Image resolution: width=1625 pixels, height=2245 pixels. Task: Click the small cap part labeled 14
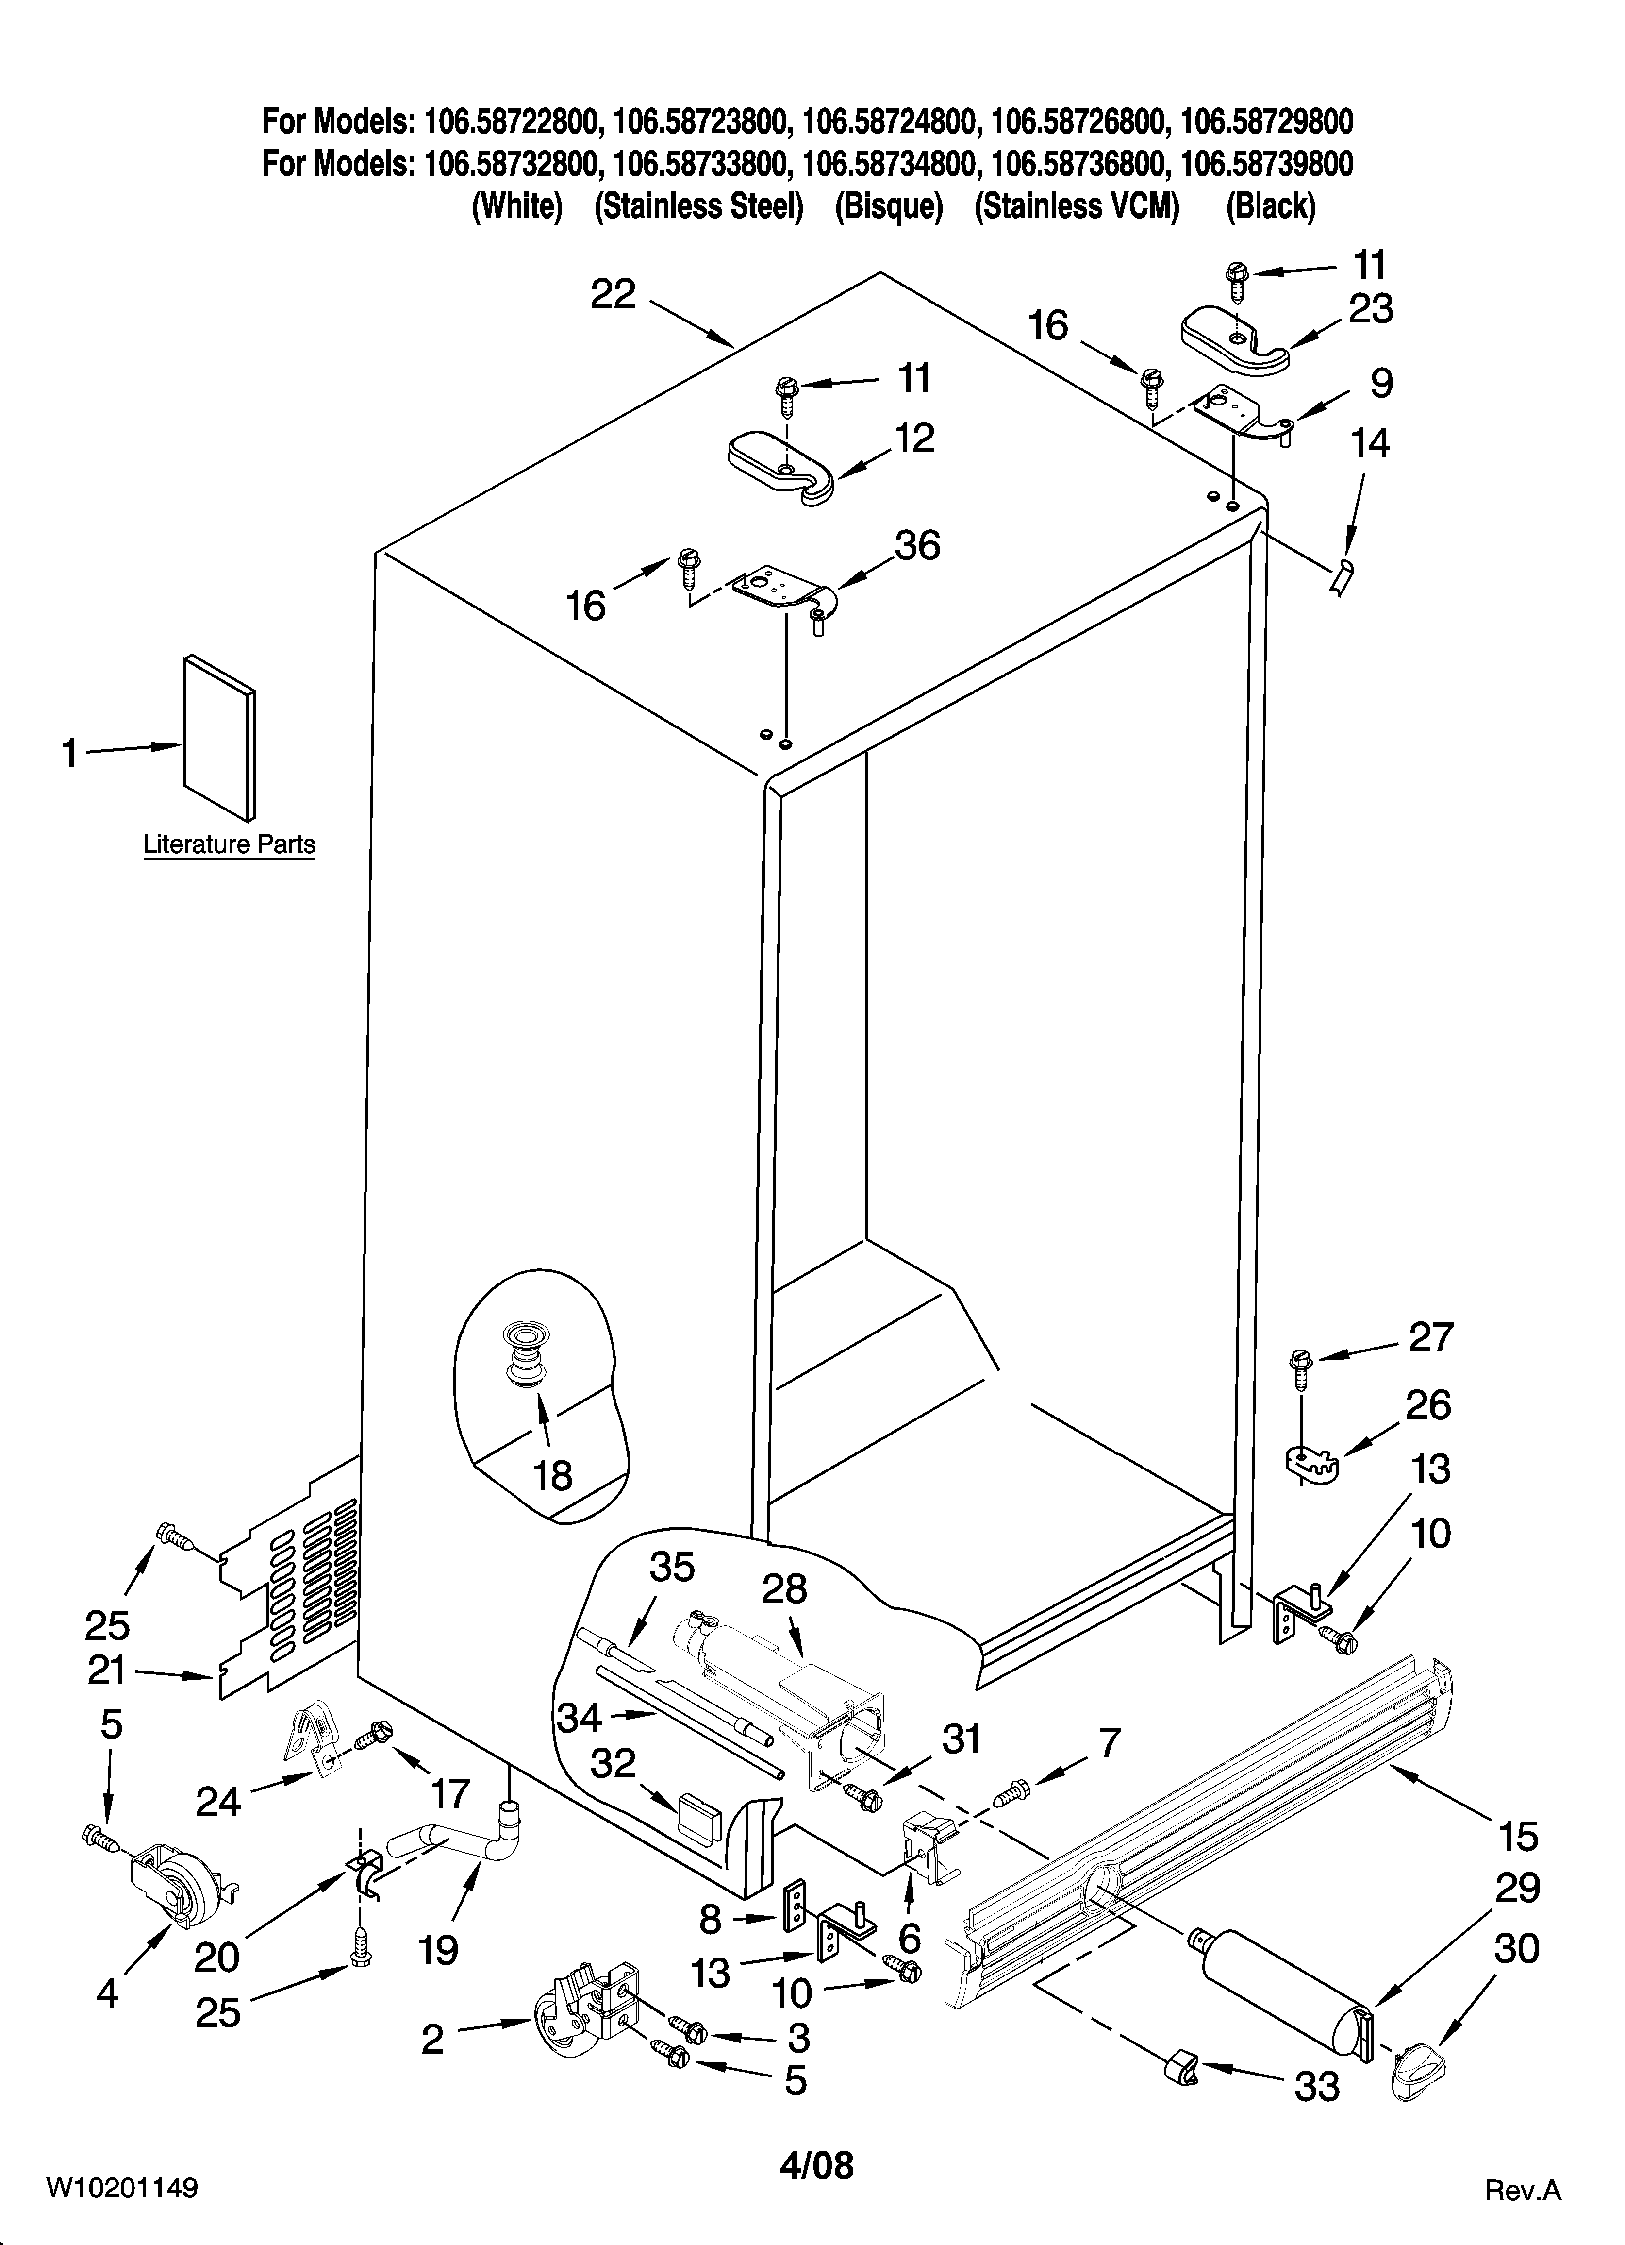click(1342, 575)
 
